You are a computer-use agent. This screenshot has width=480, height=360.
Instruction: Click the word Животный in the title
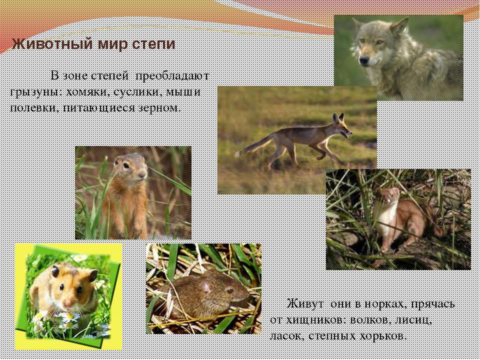click(x=52, y=44)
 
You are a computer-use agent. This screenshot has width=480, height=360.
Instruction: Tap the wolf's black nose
click(x=364, y=60)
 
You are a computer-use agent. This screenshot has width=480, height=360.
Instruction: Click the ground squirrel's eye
click(x=126, y=165)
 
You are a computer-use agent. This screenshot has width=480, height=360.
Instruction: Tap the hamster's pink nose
click(x=68, y=303)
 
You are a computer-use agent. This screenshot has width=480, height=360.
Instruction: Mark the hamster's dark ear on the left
click(x=55, y=270)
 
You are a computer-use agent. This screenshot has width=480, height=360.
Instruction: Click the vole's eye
click(x=230, y=290)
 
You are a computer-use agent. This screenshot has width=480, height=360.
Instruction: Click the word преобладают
click(x=172, y=76)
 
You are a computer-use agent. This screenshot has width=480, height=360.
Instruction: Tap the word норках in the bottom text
click(x=385, y=304)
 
